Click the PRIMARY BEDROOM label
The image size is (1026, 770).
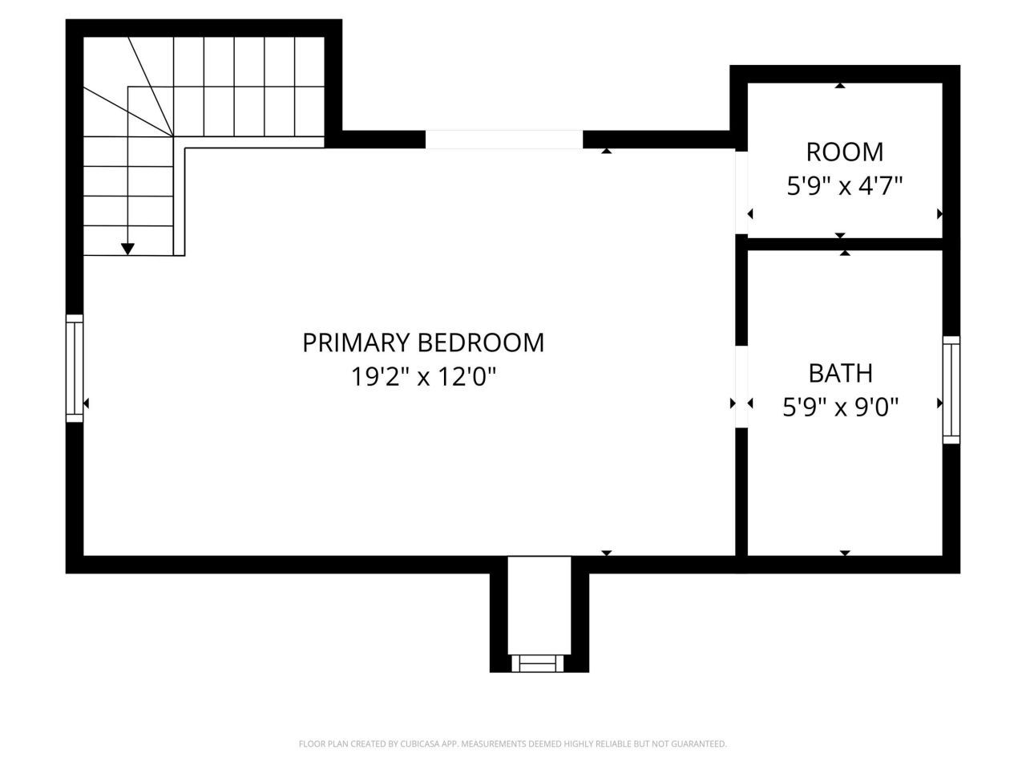pyautogui.click(x=422, y=342)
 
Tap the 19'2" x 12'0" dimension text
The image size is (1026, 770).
pyautogui.click(x=424, y=376)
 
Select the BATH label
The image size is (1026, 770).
pyautogui.click(x=840, y=373)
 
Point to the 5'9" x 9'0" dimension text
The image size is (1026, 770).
pyautogui.click(x=840, y=407)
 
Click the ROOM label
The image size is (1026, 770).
pyautogui.click(x=844, y=152)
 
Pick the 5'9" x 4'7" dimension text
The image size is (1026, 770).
pyautogui.click(x=844, y=187)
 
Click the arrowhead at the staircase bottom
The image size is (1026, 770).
pyautogui.click(x=127, y=249)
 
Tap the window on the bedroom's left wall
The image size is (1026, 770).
pyautogui.click(x=75, y=368)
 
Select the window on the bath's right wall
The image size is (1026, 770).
pyautogui.click(x=951, y=389)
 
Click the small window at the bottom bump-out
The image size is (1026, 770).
pyautogui.click(x=539, y=663)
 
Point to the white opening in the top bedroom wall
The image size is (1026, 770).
pyautogui.click(x=503, y=140)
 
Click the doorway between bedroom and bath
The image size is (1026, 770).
pyautogui.click(x=741, y=387)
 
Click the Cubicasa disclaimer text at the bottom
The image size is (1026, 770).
pyautogui.click(x=512, y=744)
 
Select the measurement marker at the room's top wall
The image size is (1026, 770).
pyautogui.click(x=839, y=85)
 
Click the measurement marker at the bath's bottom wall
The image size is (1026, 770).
pyautogui.click(x=844, y=553)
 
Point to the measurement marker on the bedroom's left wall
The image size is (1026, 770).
pyautogui.click(x=87, y=403)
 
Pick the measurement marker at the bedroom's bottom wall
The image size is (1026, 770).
pyautogui.click(x=606, y=553)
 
